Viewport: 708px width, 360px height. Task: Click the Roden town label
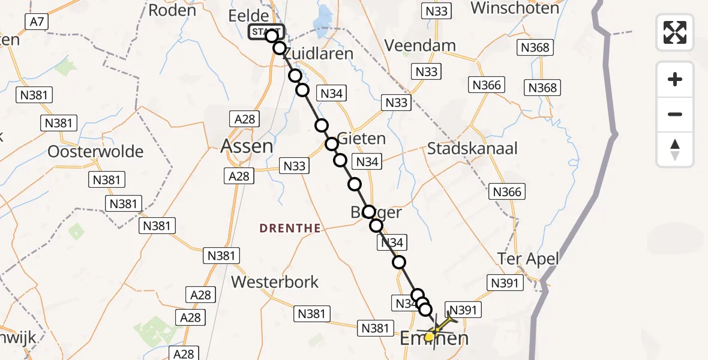[x=172, y=10]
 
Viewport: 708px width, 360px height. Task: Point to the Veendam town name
[x=420, y=46]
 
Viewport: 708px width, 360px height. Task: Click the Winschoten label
[x=515, y=8]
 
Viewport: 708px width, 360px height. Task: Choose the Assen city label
[x=247, y=146]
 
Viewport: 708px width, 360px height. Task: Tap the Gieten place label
[x=362, y=139]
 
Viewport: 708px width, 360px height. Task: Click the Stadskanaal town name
[x=472, y=149]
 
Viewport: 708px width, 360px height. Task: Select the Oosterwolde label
[x=96, y=151]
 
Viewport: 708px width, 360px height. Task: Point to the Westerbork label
[x=275, y=281]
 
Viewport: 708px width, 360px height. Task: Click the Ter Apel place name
[x=528, y=259]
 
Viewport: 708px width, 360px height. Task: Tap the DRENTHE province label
[x=290, y=228]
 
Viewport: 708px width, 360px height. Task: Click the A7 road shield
[x=37, y=22]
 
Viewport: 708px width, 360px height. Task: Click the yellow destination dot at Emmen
[x=430, y=337]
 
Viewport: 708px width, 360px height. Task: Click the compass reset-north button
[x=675, y=149]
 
